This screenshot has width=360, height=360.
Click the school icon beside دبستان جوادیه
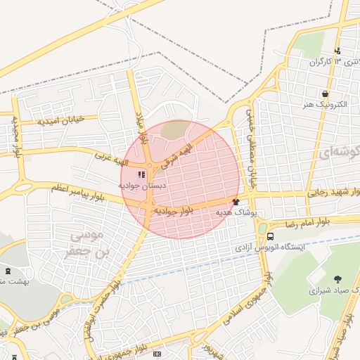click(141, 174)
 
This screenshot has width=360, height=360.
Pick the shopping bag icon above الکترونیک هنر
click(324, 94)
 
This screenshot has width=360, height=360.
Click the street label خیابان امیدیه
click(61, 120)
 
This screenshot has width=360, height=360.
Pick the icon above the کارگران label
click(338, 51)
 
